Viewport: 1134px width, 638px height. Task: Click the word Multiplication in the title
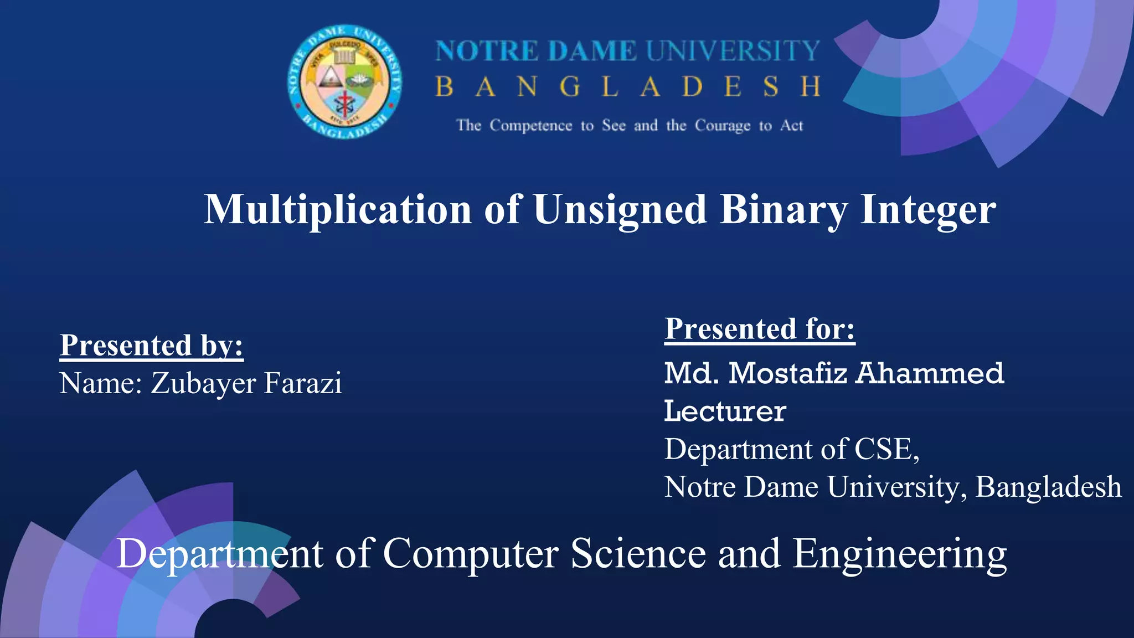pyautogui.click(x=338, y=209)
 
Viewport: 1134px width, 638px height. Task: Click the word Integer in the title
pyautogui.click(x=928, y=210)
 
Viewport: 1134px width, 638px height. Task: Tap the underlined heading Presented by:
pyautogui.click(x=152, y=346)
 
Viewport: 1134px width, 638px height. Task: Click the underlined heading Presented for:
pyautogui.click(x=760, y=329)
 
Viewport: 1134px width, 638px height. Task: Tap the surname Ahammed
pyautogui.click(x=930, y=373)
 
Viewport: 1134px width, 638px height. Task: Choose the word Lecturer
pyautogui.click(x=725, y=411)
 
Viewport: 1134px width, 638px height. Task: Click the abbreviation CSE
pyautogui.click(x=884, y=449)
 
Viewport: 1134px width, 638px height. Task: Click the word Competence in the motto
pyautogui.click(x=530, y=126)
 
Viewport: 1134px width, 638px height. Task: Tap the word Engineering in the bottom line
pyautogui.click(x=899, y=554)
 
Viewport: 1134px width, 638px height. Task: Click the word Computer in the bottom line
pyautogui.click(x=471, y=554)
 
